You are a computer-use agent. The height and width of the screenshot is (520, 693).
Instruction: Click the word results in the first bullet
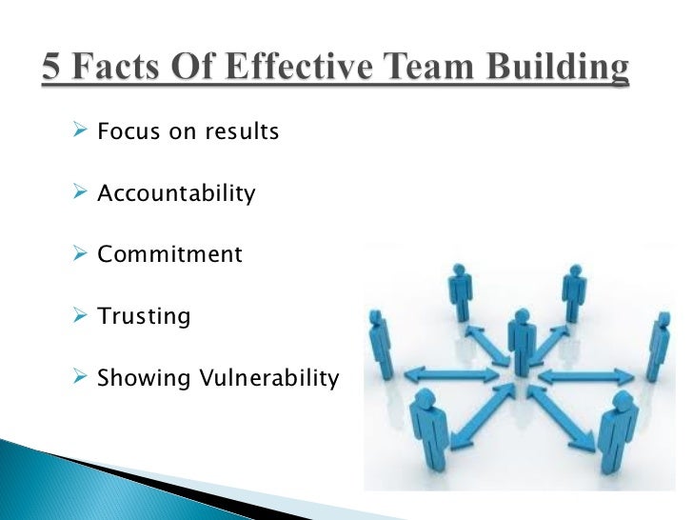coord(240,132)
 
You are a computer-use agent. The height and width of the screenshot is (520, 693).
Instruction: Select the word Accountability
coord(176,194)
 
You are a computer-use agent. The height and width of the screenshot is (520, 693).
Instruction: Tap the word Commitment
coord(169,255)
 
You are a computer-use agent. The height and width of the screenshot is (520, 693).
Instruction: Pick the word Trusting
coord(144,316)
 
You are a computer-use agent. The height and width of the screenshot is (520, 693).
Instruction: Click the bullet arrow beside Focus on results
coord(81,131)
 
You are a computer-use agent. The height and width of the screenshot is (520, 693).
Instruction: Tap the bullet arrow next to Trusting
coord(81,316)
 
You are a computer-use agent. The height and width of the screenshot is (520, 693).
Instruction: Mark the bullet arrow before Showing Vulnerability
coord(81,377)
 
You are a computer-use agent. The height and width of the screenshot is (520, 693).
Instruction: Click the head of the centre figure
coord(521,315)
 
